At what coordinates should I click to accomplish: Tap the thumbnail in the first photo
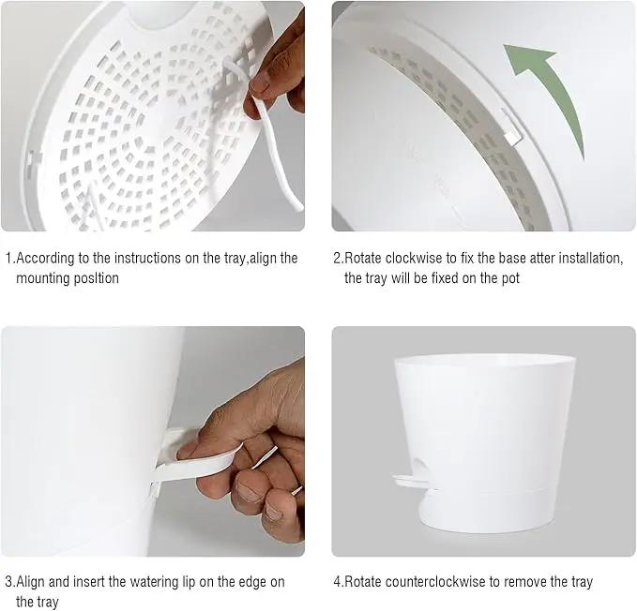point(261,84)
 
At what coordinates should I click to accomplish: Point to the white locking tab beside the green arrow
point(511,127)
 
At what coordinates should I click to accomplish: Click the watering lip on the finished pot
point(410,481)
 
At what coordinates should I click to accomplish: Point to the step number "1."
point(10,258)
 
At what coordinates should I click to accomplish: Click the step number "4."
point(339,582)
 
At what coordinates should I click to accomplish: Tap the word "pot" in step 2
point(509,279)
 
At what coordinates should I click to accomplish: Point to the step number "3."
point(10,582)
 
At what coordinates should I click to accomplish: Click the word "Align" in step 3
point(30,582)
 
